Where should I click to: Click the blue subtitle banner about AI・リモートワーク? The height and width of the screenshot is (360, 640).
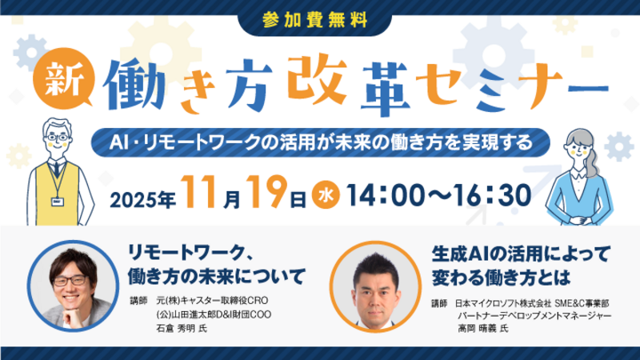(x=319, y=143)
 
